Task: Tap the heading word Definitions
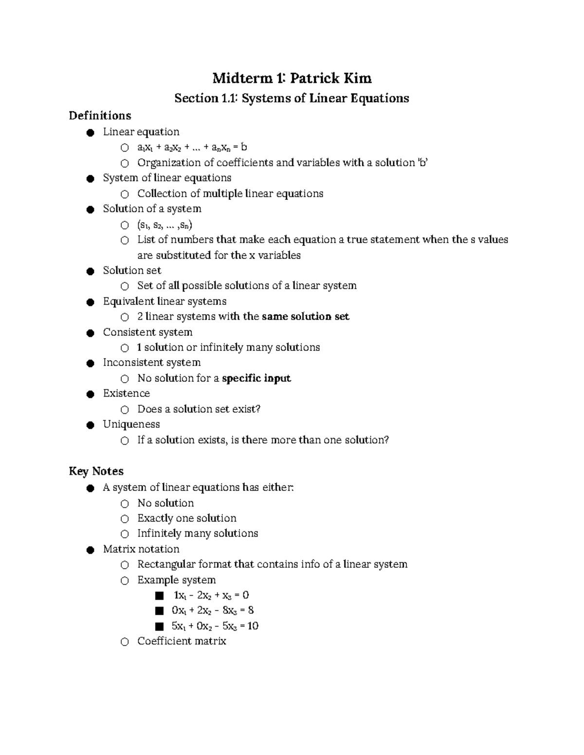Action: point(100,116)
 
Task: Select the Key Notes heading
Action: point(96,471)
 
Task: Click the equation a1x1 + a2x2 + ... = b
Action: point(192,147)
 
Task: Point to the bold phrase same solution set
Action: point(305,316)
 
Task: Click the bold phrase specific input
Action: point(256,378)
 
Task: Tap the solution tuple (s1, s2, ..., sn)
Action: point(164,225)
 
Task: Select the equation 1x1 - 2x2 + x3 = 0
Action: point(210,595)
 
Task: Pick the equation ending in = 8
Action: point(212,610)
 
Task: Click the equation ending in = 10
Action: point(215,626)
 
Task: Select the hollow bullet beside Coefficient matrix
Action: point(125,642)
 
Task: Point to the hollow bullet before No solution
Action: point(125,504)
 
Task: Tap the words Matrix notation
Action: point(141,549)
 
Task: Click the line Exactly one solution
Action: point(187,518)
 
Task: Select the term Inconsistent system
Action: point(151,363)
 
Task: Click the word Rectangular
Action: point(166,564)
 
